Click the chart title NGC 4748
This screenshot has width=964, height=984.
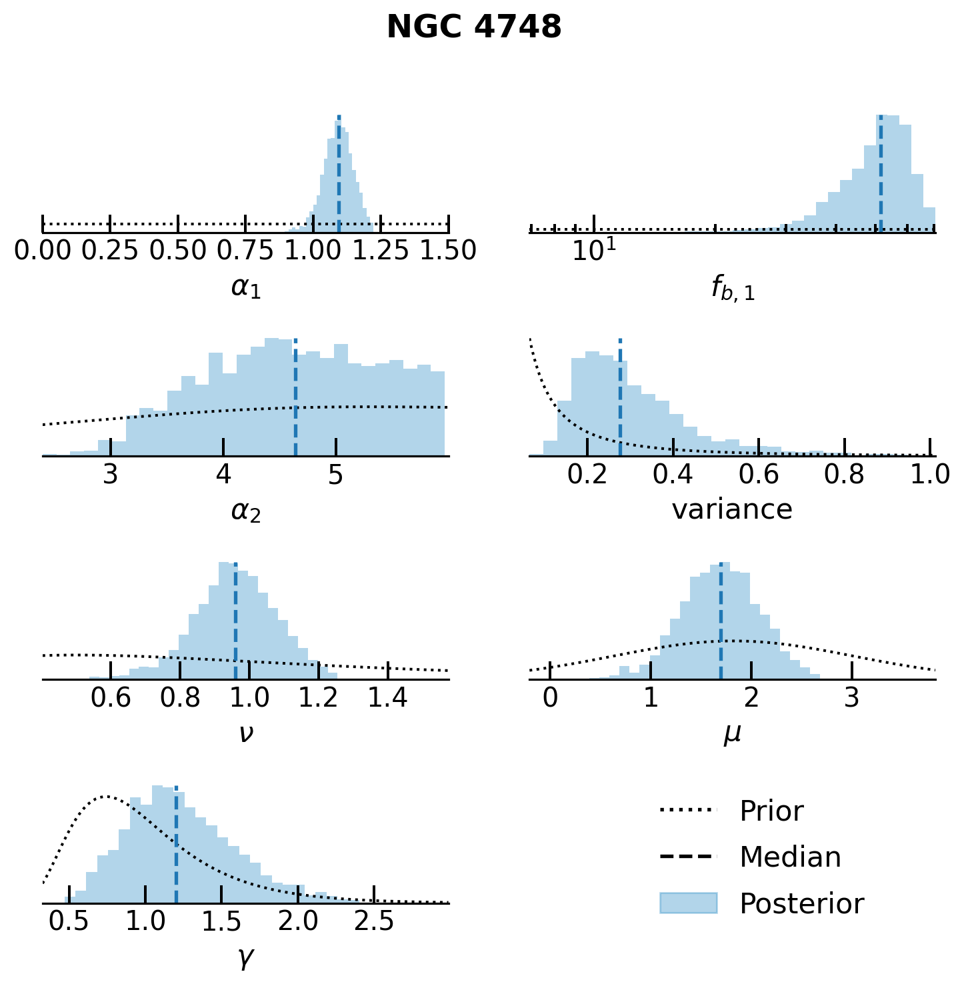point(474,28)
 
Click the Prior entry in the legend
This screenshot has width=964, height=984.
point(771,811)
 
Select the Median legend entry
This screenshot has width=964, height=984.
point(790,857)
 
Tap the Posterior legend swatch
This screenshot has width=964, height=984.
point(688,903)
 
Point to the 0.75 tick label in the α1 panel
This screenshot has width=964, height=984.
point(246,251)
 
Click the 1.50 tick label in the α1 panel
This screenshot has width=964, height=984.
point(448,251)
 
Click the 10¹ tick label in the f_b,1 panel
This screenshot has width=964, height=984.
point(594,251)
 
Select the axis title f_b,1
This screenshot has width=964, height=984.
point(733,288)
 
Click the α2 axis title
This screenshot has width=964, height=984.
point(246,511)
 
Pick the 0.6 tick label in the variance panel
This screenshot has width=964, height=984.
point(759,474)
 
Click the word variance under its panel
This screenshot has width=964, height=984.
point(732,510)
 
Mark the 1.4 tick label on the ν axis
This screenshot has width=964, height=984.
point(388,697)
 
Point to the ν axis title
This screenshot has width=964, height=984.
point(246,733)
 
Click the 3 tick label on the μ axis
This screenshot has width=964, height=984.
point(851,697)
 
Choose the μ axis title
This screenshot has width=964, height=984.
point(733,734)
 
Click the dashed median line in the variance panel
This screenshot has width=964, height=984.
point(620,400)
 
